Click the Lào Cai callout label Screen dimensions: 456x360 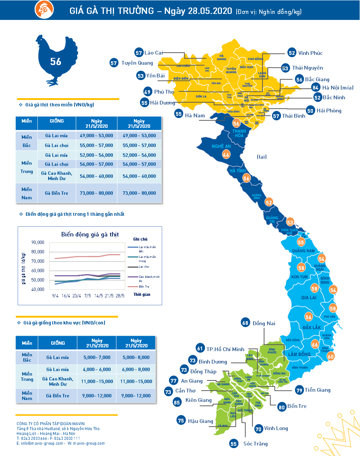pos(153,53)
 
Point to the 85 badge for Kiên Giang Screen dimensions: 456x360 pos(177,401)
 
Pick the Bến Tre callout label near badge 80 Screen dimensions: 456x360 pos(296,406)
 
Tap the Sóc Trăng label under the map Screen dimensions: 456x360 pos(255,444)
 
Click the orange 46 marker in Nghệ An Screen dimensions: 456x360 pos(226,155)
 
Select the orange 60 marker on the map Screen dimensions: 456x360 pos(331,356)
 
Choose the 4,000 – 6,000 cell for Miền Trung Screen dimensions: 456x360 pos(96,369)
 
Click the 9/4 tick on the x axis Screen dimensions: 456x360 pos(55,296)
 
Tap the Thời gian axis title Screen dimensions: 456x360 pos(142,294)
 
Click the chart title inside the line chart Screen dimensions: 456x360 pos(90,235)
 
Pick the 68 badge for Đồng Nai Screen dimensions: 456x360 pos(246,323)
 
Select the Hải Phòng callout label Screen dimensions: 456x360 pos(329,111)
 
